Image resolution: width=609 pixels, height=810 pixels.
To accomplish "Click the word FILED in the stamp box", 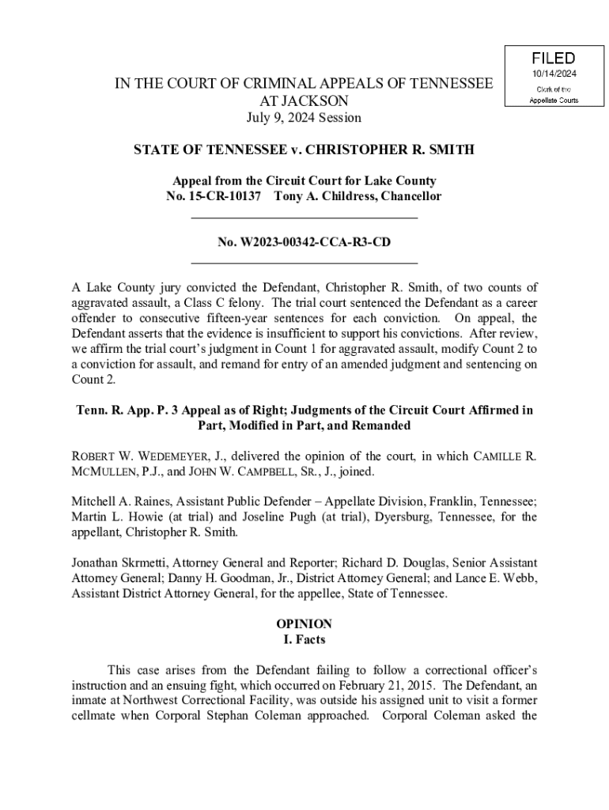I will pyautogui.click(x=553, y=59).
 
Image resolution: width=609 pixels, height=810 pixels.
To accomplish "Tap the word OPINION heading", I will pyautogui.click(x=304, y=623).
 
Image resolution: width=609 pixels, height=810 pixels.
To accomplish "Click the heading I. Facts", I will pyautogui.click(x=304, y=639).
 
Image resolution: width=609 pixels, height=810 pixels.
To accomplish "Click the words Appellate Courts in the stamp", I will pyautogui.click(x=553, y=100).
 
